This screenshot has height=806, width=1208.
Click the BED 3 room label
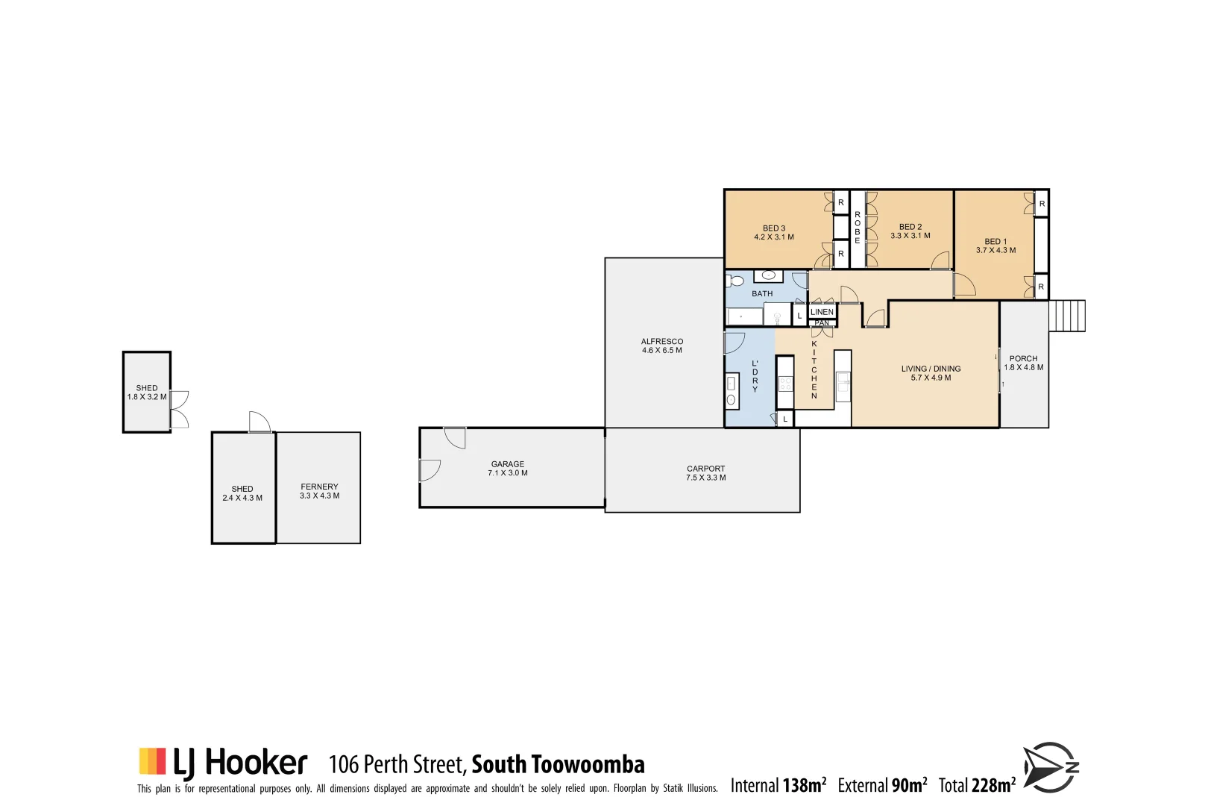pyautogui.click(x=774, y=228)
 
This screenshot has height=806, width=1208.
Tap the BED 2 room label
pyautogui.click(x=910, y=227)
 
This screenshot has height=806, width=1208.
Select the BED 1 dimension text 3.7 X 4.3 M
pyautogui.click(x=995, y=251)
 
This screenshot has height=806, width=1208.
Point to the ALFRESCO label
pyautogui.click(x=662, y=342)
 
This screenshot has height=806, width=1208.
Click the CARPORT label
pyautogui.click(x=705, y=469)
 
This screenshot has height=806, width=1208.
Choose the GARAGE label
pyautogui.click(x=508, y=464)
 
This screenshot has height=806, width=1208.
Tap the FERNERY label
pyautogui.click(x=319, y=487)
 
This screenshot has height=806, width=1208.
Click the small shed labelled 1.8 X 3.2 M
pyautogui.click(x=147, y=393)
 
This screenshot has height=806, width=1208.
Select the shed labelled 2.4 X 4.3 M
pyautogui.click(x=242, y=493)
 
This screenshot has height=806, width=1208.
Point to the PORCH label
pyautogui.click(x=1023, y=359)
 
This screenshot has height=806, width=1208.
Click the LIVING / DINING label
pyautogui.click(x=931, y=369)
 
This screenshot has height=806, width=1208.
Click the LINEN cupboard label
pyautogui.click(x=822, y=312)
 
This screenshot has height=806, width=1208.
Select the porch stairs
pyautogui.click(x=1067, y=316)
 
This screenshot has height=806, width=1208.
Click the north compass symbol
pyautogui.click(x=1051, y=767)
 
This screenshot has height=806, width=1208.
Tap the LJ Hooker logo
pyautogui.click(x=223, y=762)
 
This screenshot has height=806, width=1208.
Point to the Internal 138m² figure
pyautogui.click(x=778, y=785)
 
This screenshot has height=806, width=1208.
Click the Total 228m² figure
pyautogui.click(x=977, y=785)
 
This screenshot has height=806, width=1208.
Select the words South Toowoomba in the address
pyautogui.click(x=558, y=764)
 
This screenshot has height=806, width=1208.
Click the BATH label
pyautogui.click(x=762, y=294)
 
